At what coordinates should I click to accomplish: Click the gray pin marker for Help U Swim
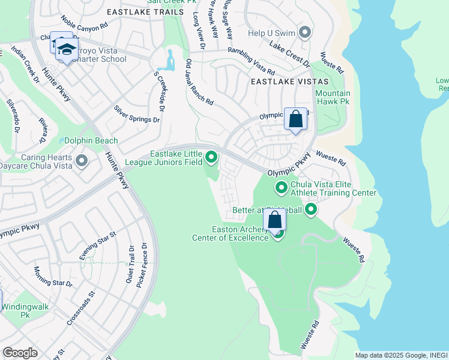pyautogui.click(x=305, y=32)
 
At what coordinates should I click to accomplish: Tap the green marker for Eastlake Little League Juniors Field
pyautogui.click(x=211, y=158)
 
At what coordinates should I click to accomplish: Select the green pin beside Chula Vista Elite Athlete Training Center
pyautogui.click(x=281, y=188)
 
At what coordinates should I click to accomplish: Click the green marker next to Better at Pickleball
pyautogui.click(x=311, y=209)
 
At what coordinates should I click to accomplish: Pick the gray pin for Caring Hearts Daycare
pyautogui.click(x=82, y=161)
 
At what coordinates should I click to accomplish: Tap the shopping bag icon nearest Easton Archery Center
pyautogui.click(x=274, y=220)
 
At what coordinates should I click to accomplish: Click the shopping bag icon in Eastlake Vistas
pyautogui.click(x=295, y=119)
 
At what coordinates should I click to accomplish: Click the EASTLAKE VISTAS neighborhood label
pyautogui.click(x=289, y=81)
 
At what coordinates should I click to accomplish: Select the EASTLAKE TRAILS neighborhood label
pyautogui.click(x=144, y=11)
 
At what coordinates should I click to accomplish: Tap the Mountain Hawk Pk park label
pyautogui.click(x=333, y=98)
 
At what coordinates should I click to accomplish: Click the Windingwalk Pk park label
pyautogui.click(x=25, y=310)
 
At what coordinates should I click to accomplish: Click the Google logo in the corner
pyautogui.click(x=20, y=353)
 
